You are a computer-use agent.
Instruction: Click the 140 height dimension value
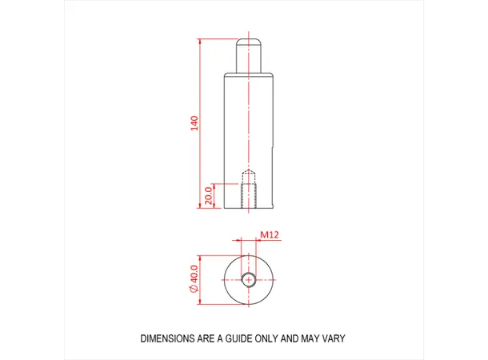coord(194,124)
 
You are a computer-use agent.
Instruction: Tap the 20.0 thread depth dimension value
coord(209,196)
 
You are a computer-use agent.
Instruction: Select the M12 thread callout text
coord(268,235)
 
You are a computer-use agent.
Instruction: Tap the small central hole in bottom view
coord(250,279)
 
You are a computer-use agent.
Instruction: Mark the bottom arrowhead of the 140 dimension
coord(200,206)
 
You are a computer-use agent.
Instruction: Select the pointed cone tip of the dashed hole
coord(250,170)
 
